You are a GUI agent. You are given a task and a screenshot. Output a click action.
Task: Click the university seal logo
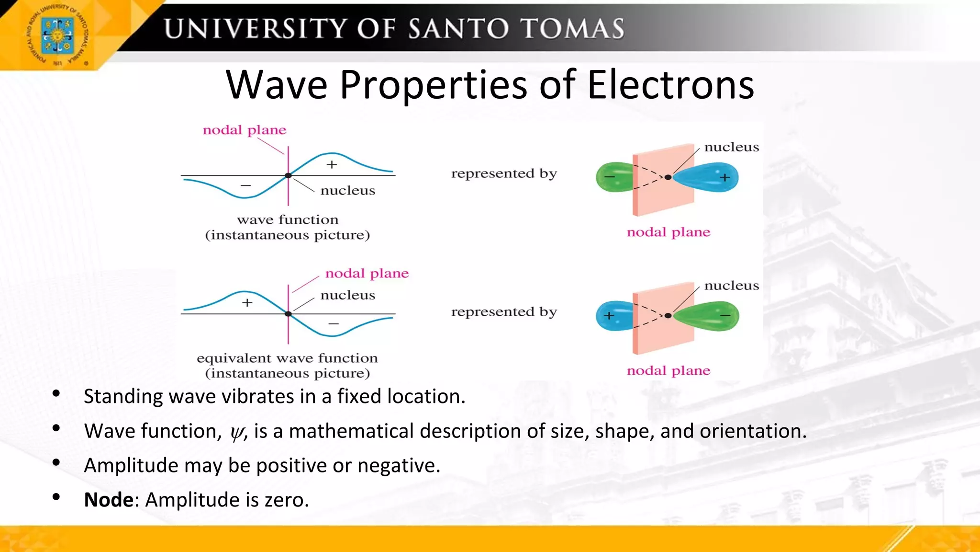coord(57,36)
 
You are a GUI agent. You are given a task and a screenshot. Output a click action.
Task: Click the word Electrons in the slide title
coord(670,85)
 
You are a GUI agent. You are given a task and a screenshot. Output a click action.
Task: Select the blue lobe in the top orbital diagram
coord(708,177)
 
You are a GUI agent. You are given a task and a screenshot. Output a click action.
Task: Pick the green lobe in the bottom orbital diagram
coord(708,316)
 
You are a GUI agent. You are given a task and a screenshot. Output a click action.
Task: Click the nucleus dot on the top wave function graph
coord(288,176)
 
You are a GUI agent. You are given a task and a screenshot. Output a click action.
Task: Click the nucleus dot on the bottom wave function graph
coord(288,314)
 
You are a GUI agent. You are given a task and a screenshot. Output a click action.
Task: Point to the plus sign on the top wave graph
coord(332,165)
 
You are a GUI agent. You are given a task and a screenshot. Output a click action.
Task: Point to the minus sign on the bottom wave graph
coord(334,324)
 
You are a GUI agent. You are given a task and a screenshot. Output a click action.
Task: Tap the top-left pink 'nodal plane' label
coord(245,130)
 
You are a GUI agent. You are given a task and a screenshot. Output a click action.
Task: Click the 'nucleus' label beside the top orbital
coord(732,147)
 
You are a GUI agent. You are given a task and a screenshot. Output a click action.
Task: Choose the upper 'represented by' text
coord(504,173)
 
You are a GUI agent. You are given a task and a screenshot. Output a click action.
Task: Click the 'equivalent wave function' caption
coord(287,358)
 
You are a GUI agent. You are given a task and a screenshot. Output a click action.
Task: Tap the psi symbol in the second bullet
coord(237,433)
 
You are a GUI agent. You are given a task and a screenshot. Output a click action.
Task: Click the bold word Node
coord(109,500)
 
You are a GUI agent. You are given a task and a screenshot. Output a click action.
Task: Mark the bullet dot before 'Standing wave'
coord(56,394)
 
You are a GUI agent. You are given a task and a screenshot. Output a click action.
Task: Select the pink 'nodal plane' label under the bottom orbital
coord(668,370)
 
